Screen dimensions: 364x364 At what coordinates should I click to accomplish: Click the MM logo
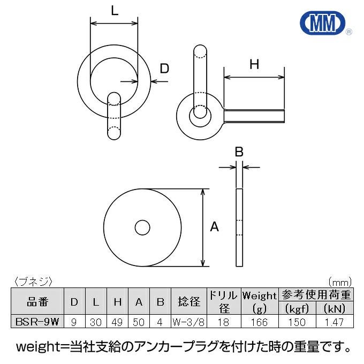tap(323, 22)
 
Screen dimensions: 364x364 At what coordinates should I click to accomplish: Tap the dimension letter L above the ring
tap(115, 11)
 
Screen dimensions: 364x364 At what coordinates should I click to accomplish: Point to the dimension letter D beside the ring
tap(164, 69)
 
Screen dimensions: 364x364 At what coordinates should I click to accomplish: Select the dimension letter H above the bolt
tap(254, 64)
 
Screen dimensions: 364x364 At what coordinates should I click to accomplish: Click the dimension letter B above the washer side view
tap(239, 152)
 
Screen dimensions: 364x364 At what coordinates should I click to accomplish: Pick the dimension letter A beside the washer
tap(214, 226)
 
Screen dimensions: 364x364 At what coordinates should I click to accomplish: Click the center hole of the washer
tap(142, 227)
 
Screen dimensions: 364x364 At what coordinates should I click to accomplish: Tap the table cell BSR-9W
tap(37, 322)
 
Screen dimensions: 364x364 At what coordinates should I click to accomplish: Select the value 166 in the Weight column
tap(259, 322)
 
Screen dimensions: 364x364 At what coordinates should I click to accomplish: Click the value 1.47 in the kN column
tap(334, 322)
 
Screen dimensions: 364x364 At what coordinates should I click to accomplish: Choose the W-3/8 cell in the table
tap(188, 322)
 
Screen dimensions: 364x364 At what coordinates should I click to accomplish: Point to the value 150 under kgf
tap(297, 322)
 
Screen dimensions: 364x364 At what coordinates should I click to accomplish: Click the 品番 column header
tap(37, 302)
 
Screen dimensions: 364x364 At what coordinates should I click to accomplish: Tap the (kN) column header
tap(334, 308)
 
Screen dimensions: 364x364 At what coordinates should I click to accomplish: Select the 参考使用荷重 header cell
tap(316, 294)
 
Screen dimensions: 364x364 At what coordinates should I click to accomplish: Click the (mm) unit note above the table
tap(340, 282)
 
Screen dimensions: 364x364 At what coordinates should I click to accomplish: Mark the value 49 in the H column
tap(117, 322)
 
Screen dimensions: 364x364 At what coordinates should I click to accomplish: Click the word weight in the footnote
tap(39, 347)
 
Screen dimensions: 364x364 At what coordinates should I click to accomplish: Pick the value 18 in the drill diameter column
tap(224, 322)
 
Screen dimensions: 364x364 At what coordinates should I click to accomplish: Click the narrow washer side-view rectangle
tap(239, 227)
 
